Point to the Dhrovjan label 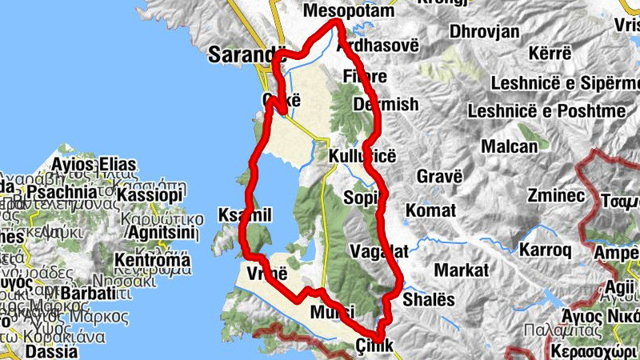click(485, 32)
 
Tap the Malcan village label click(510, 146)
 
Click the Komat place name click(431, 210)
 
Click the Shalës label click(429, 298)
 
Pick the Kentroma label click(153, 260)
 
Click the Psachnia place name click(62, 193)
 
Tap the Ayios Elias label click(94, 166)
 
